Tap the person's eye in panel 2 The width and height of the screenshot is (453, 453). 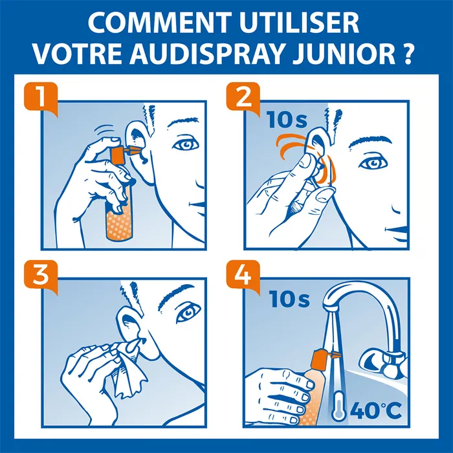point(371,162)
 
